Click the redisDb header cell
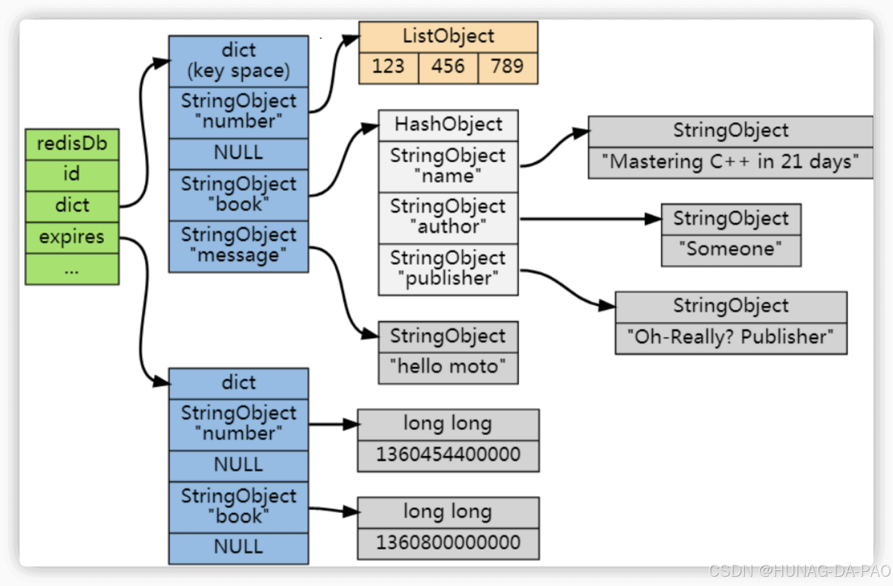[x=72, y=144]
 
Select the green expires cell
[x=72, y=237]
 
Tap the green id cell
[x=72, y=175]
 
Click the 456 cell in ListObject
[x=448, y=67]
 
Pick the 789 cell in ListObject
[x=508, y=67]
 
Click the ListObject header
[x=448, y=36]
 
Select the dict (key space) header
[x=238, y=61]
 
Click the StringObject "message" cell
[x=238, y=246]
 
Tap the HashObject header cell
[x=448, y=125]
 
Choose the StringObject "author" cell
[x=448, y=217]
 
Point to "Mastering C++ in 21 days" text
[x=730, y=162]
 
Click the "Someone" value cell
[x=731, y=250]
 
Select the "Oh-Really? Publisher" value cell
[x=731, y=338]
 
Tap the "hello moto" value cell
[x=448, y=367]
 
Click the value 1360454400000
[x=448, y=455]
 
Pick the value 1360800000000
[x=448, y=543]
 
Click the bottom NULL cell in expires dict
[x=238, y=547]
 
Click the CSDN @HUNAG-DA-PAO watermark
[x=799, y=571]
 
